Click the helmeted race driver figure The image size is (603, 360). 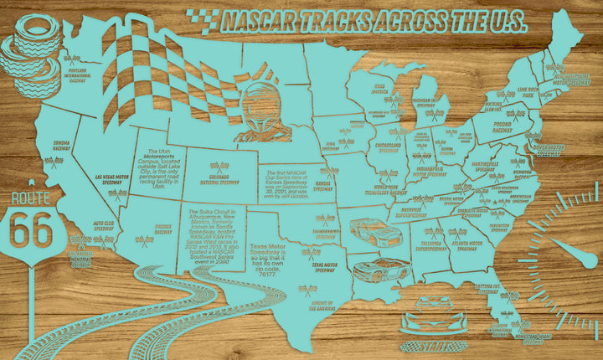pyautogui.click(x=266, y=117)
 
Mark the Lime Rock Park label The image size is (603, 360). pyautogui.click(x=527, y=92)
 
